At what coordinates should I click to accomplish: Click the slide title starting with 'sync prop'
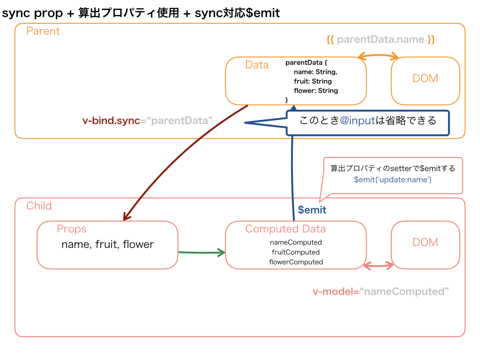(x=141, y=13)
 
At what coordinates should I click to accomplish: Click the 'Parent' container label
(x=43, y=31)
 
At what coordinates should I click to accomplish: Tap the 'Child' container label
(x=39, y=206)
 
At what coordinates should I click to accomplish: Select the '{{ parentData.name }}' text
(x=381, y=40)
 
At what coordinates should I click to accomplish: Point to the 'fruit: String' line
(x=313, y=81)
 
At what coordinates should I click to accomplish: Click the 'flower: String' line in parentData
(x=315, y=90)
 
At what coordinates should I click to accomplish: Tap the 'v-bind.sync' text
(x=111, y=120)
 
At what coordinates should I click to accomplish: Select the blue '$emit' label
(x=312, y=210)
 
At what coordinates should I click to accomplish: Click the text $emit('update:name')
(x=393, y=180)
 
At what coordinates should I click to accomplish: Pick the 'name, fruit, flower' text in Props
(x=107, y=244)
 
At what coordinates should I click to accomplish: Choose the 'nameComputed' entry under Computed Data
(x=296, y=242)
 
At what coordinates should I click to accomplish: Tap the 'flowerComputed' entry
(x=296, y=262)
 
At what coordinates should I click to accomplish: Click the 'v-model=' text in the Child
(x=336, y=292)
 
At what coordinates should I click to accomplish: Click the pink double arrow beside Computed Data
(x=379, y=266)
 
